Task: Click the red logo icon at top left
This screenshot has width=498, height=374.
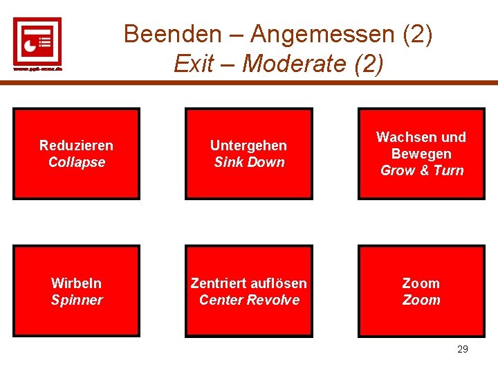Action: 37,40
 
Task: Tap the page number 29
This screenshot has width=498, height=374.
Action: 463,349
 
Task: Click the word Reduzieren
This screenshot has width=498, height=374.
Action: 76,145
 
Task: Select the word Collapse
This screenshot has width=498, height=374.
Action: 76,162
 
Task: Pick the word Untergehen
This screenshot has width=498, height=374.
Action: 248,145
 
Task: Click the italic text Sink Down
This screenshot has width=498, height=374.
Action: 248,162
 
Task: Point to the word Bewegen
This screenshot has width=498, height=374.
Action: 421,154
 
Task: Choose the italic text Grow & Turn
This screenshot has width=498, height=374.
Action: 421,170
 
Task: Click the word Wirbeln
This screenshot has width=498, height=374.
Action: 76,283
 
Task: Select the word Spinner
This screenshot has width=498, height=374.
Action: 76,300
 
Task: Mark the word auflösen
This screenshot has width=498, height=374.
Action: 279,283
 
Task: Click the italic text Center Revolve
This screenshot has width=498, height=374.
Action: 248,300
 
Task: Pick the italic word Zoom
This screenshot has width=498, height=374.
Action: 421,300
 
